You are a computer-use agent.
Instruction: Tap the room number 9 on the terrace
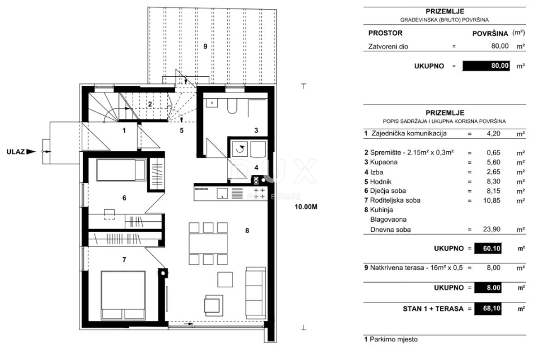[x=205, y=45]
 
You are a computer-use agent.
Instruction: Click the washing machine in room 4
[x=241, y=149]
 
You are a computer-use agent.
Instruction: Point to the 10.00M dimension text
[x=306, y=207]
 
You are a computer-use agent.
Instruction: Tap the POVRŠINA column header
[x=490, y=33]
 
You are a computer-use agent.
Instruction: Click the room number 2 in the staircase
[x=150, y=104]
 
